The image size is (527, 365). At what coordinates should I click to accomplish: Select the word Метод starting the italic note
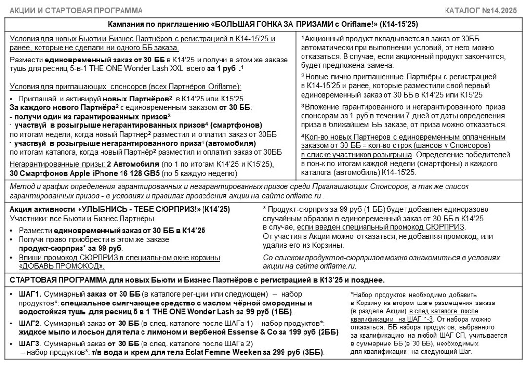click(x=20, y=187)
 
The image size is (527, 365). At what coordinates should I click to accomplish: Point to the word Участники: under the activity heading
click(x=26, y=218)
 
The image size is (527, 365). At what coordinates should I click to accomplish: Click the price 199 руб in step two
click(x=275, y=333)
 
